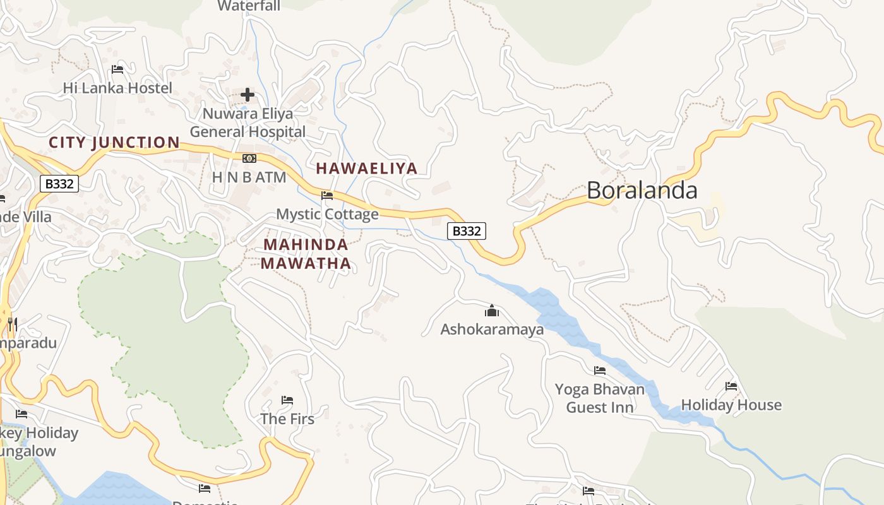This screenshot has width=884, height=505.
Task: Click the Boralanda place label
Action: coord(642,190)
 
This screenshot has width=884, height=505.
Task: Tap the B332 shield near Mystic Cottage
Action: coord(467,231)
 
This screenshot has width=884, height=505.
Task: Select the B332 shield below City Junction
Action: coord(59,184)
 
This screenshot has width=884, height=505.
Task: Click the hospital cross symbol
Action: coord(248,95)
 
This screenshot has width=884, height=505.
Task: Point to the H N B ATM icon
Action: coord(249,158)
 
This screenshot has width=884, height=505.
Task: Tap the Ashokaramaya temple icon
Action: coord(491,311)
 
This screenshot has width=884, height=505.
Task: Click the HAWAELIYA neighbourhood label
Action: coord(366,168)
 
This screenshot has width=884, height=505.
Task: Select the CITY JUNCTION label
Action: coord(114,143)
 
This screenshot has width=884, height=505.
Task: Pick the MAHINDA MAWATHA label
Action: coord(306,254)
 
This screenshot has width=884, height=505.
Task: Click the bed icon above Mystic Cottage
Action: coord(327,196)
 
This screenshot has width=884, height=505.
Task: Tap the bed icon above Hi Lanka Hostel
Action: coord(117,69)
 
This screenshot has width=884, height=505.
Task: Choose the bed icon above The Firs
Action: coord(287,400)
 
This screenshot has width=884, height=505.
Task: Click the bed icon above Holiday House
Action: coord(731,386)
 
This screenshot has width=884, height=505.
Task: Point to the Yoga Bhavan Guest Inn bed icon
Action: coord(599,371)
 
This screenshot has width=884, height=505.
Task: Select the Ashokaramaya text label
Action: coord(492,329)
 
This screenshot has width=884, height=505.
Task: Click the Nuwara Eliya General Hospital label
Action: coord(248,123)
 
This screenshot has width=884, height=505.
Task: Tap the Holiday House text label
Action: coord(731,405)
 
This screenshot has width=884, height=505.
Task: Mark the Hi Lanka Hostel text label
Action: coord(117,88)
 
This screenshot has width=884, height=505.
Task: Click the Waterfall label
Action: coord(249,6)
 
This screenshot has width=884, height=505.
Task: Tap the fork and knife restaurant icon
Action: coord(12,324)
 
